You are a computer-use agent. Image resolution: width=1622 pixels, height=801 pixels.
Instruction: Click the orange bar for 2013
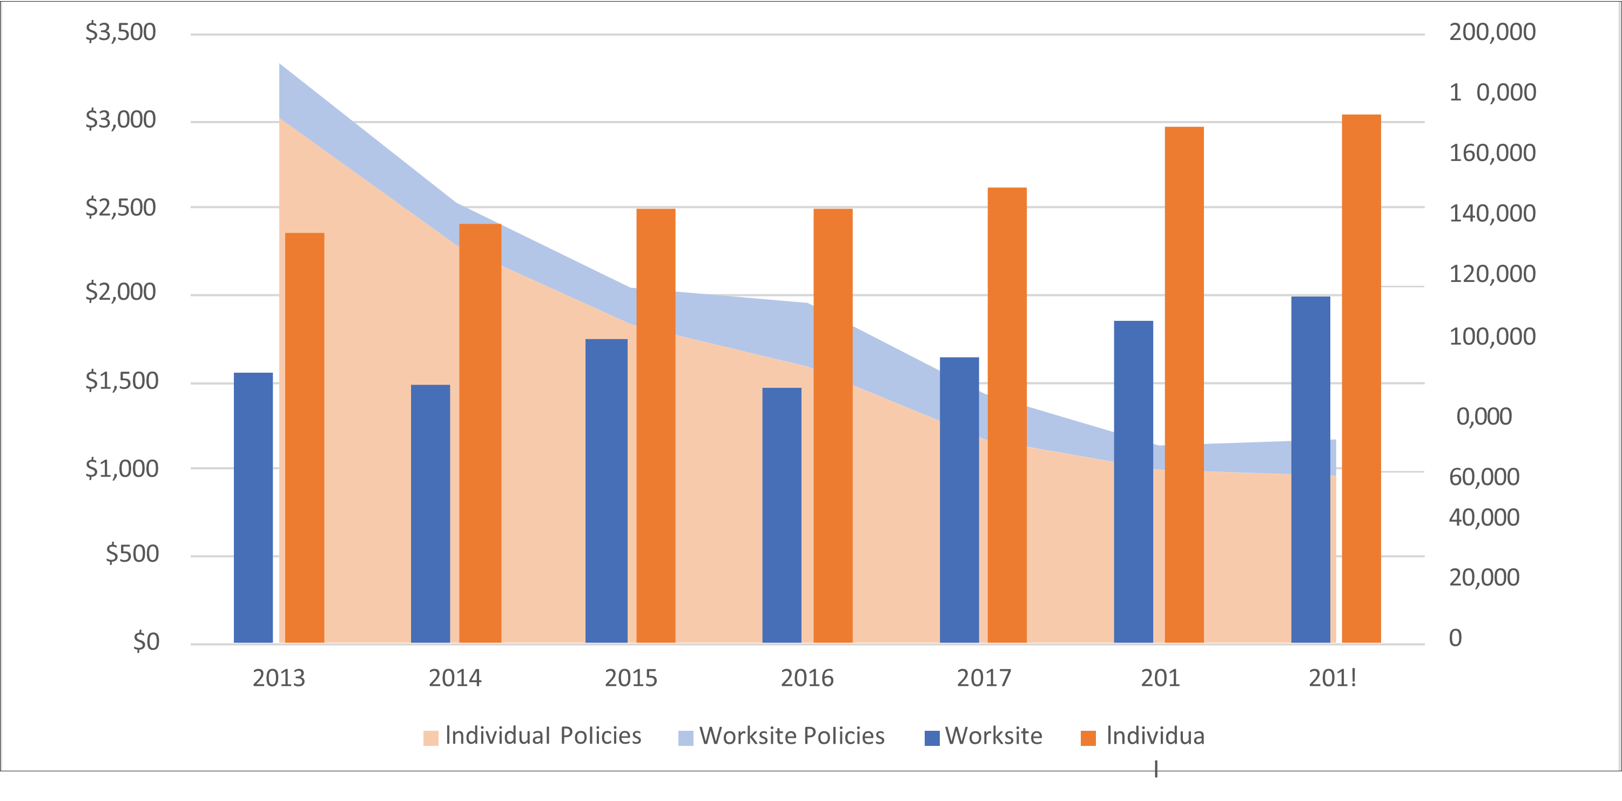[305, 437]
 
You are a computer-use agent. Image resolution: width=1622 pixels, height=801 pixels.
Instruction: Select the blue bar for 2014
[430, 513]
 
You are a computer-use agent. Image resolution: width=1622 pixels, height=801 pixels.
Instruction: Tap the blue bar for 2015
[607, 491]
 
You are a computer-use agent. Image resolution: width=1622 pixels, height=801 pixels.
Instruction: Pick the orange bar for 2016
[832, 425]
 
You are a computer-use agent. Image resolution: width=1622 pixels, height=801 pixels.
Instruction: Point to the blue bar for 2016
[782, 515]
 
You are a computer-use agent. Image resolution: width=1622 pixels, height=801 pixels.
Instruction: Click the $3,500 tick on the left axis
[120, 32]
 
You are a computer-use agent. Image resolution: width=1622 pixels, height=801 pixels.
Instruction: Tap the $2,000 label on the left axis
[120, 292]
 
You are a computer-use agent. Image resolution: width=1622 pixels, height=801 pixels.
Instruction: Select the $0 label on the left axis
[146, 641]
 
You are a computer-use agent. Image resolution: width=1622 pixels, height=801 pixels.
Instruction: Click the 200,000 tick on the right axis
[1492, 32]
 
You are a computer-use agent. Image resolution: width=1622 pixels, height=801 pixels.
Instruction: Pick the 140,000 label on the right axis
[1492, 213]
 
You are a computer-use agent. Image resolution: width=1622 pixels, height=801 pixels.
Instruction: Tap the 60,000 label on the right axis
[1484, 477]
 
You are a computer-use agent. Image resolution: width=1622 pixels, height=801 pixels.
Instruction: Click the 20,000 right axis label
[1484, 577]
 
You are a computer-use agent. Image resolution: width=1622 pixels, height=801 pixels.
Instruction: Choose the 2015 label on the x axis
[631, 678]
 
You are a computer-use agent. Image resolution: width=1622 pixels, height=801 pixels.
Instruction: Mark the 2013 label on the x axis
[278, 678]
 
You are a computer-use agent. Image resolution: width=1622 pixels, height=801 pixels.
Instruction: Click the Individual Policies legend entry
[532, 736]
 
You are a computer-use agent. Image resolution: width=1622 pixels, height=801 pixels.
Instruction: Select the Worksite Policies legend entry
[781, 736]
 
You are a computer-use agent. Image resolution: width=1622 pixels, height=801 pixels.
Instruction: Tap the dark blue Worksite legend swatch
[932, 737]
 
